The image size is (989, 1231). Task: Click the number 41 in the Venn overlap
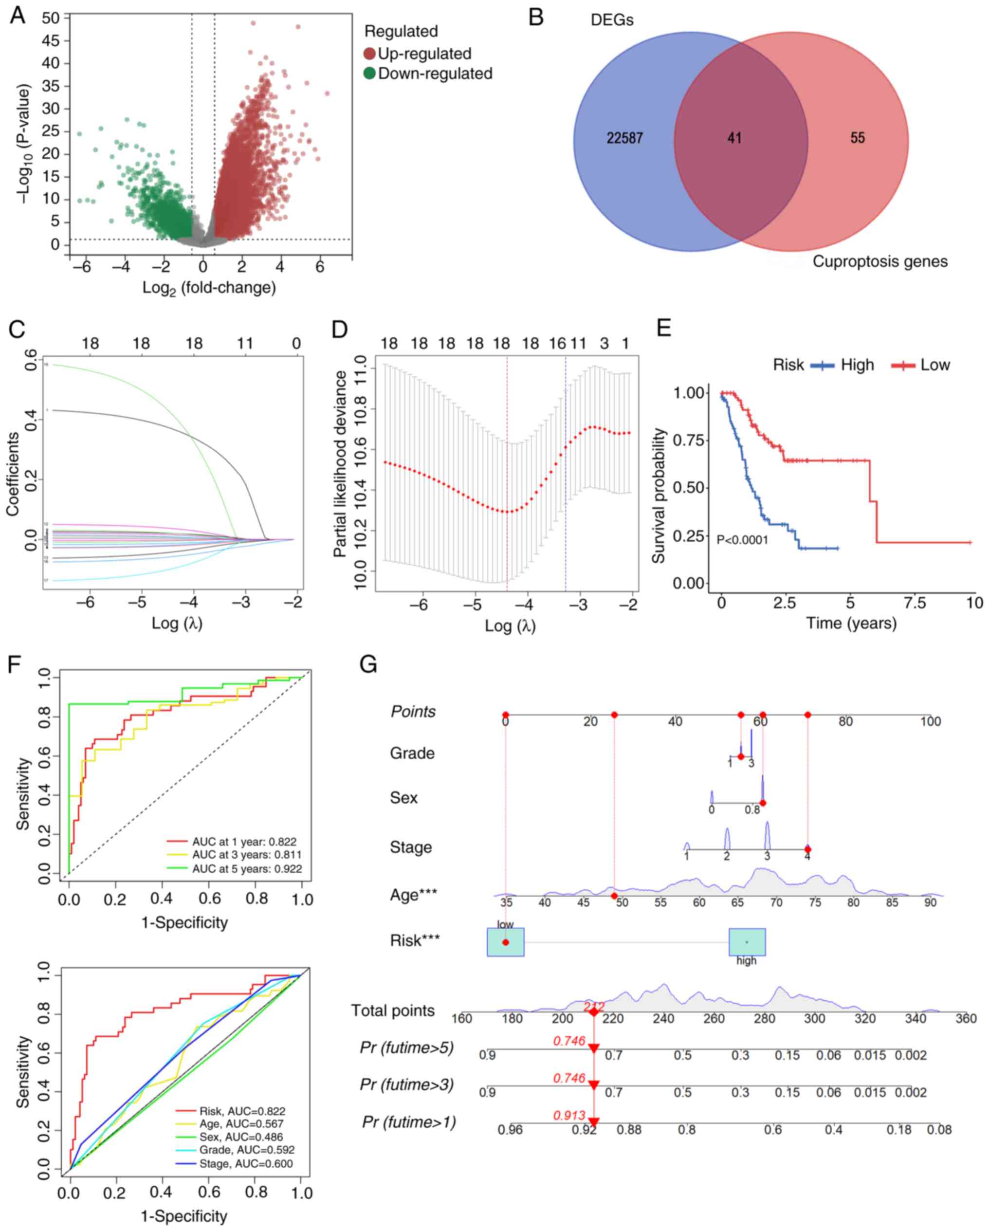click(734, 138)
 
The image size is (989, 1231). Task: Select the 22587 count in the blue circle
click(624, 138)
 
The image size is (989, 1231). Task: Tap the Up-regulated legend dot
click(369, 54)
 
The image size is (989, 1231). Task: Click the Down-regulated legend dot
click(369, 73)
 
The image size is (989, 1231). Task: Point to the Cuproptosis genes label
click(879, 261)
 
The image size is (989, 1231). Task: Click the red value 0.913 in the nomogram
click(569, 1115)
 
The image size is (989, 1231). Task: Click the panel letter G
click(368, 664)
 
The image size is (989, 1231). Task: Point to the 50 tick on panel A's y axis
click(50, 18)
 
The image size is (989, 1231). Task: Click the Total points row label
click(393, 1011)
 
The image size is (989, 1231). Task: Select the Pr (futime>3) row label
click(406, 1084)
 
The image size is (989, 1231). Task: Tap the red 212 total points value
click(593, 1006)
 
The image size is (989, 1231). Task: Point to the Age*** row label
click(413, 895)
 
